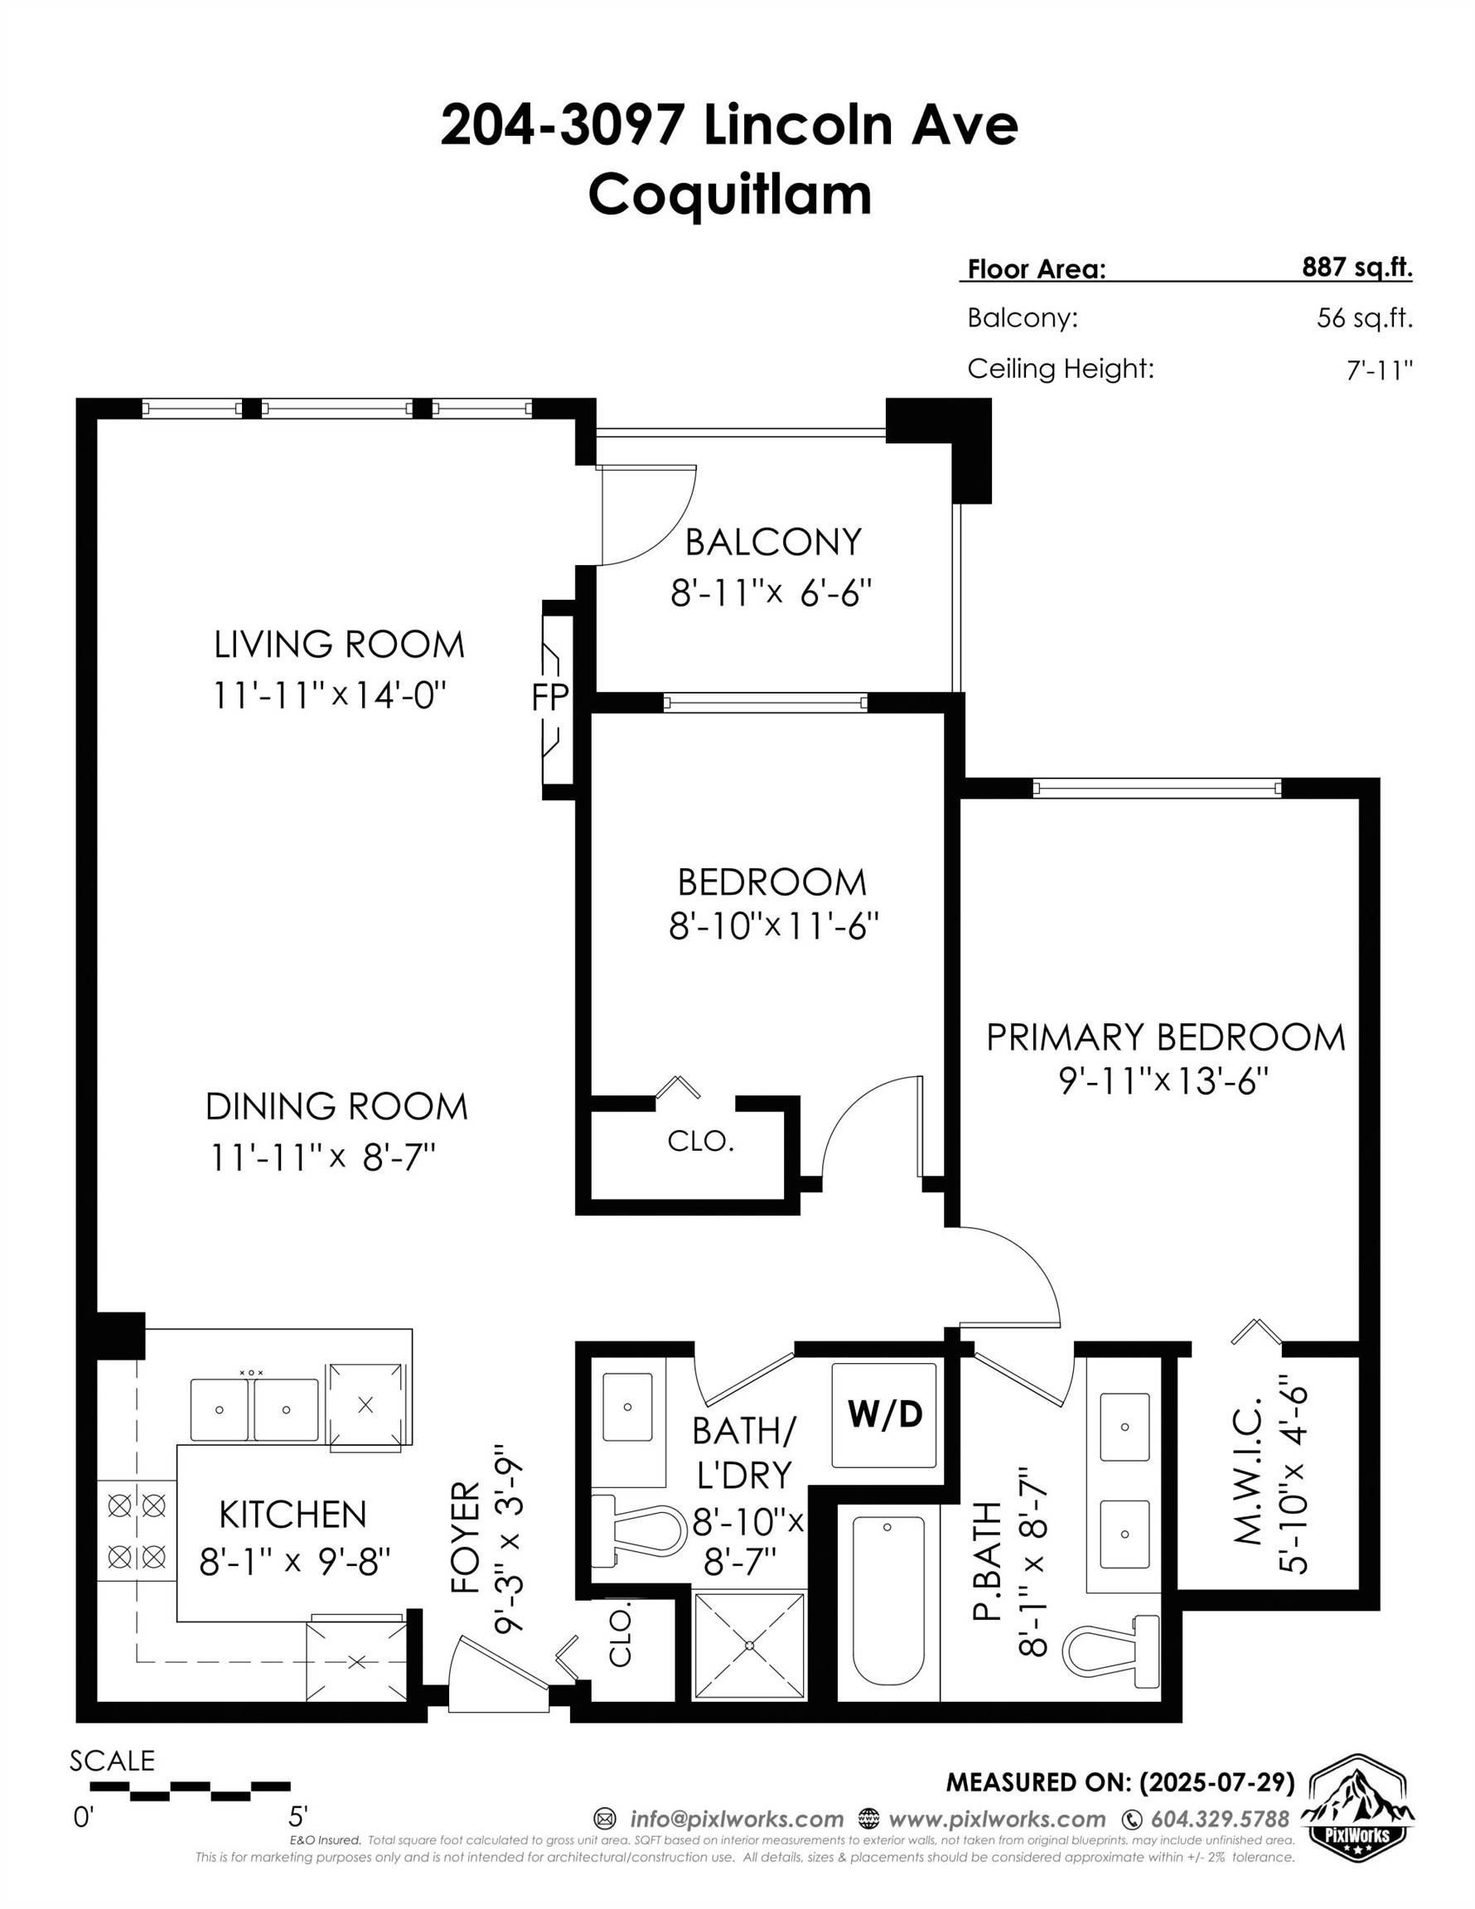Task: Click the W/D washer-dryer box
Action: pyautogui.click(x=884, y=1414)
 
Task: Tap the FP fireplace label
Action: pyautogui.click(x=550, y=697)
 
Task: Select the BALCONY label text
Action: pyautogui.click(x=773, y=542)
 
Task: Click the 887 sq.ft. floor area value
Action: pyautogui.click(x=1357, y=268)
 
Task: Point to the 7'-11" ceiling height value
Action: pyautogui.click(x=1380, y=370)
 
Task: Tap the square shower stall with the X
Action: pyautogui.click(x=749, y=1645)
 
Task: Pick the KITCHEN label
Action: pyautogui.click(x=293, y=1515)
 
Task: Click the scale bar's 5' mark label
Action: pyautogui.click(x=298, y=1816)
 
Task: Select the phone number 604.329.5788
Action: pyautogui.click(x=1220, y=1819)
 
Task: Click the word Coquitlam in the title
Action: pyautogui.click(x=730, y=195)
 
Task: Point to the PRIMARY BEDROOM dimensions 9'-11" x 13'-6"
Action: pyautogui.click(x=1163, y=1081)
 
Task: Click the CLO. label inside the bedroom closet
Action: pyautogui.click(x=700, y=1141)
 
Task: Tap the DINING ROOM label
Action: pyautogui.click(x=336, y=1107)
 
